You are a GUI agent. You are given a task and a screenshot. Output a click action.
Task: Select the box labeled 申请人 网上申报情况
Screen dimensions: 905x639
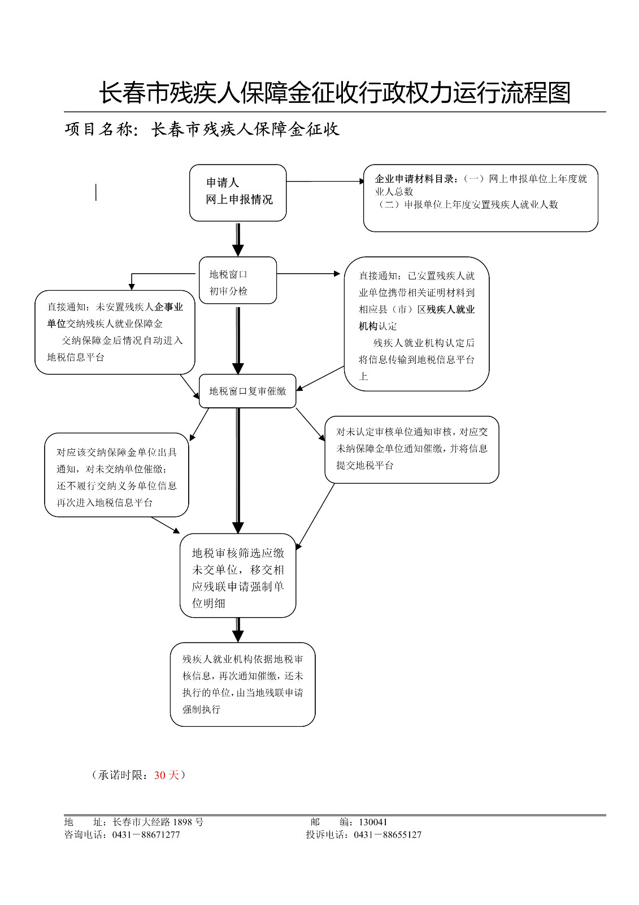coord(238,192)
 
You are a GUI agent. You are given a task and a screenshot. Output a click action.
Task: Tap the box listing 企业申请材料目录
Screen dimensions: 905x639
coord(480,198)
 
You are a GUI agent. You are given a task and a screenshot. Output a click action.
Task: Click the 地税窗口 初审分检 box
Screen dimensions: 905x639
coord(238,281)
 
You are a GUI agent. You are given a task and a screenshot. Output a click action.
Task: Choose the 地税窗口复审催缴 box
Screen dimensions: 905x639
coord(247,391)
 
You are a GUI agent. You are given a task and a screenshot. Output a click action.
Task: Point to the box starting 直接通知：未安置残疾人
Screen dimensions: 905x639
coord(115,332)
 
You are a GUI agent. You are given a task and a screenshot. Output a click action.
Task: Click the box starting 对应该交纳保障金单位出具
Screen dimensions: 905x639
coord(116,475)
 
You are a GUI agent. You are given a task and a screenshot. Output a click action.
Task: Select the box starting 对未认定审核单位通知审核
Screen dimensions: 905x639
coord(411,450)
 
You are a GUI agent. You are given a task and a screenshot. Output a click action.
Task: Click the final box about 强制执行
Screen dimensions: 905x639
coord(242,684)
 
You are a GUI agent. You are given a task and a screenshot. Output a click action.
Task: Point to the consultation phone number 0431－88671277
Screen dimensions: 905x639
coord(146,835)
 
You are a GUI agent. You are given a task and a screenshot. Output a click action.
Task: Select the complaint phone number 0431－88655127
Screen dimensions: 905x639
coord(388,835)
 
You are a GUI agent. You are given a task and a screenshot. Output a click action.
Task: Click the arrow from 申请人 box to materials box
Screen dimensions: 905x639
coord(325,182)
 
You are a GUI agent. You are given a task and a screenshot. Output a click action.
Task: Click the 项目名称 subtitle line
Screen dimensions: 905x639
coord(202,130)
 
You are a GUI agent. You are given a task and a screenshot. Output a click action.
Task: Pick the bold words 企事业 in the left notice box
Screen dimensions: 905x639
coord(169,307)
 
